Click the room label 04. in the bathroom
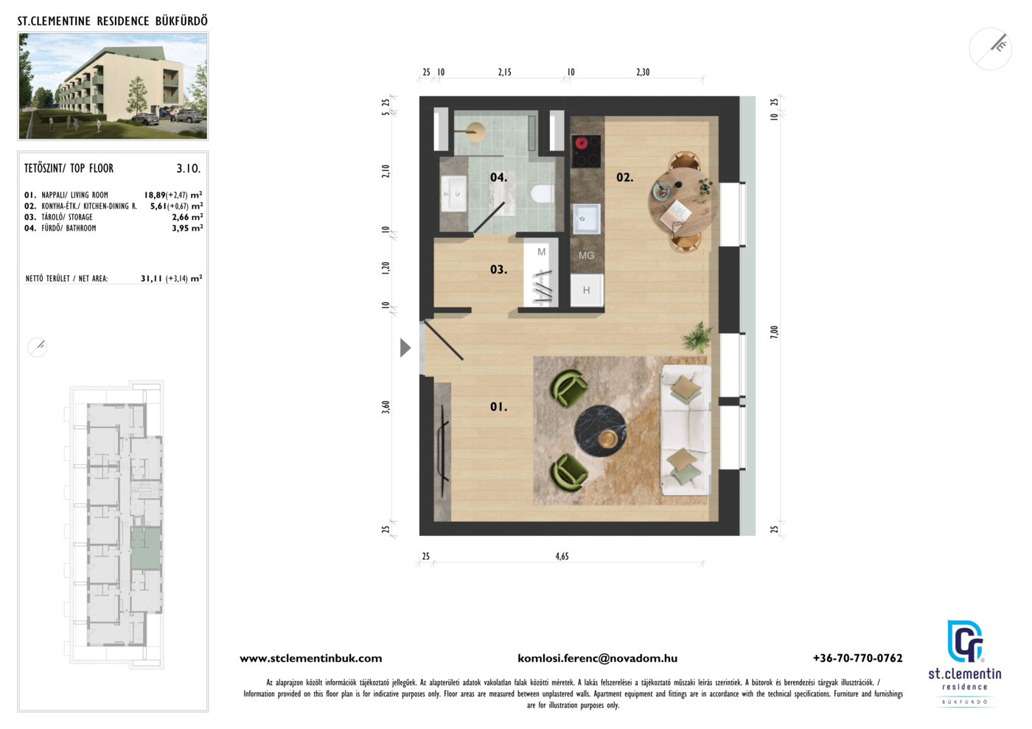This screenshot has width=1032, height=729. [x=498, y=178]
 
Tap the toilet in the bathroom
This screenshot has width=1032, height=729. [x=542, y=193]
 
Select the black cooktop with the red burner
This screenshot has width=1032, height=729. [x=586, y=151]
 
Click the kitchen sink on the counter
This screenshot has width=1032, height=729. [x=587, y=219]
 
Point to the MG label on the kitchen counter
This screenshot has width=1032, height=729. [x=586, y=255]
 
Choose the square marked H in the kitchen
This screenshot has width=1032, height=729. [x=587, y=290]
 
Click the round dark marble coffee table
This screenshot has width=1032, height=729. [x=600, y=431]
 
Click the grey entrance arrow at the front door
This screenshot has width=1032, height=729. [x=405, y=348]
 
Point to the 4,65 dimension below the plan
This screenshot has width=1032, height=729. [x=562, y=557]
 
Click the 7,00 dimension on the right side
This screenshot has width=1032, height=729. [x=774, y=332]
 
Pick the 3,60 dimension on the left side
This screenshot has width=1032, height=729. [x=386, y=407]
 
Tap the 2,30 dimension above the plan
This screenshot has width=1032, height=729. [x=643, y=72]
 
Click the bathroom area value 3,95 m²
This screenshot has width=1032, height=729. [x=187, y=228]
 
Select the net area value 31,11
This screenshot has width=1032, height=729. [x=152, y=279]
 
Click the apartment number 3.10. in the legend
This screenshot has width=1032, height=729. [x=189, y=169]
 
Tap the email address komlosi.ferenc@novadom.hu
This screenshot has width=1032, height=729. [x=598, y=658]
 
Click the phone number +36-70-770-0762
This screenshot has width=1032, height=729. [x=858, y=658]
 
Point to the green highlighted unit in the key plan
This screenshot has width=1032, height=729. [x=146, y=549]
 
